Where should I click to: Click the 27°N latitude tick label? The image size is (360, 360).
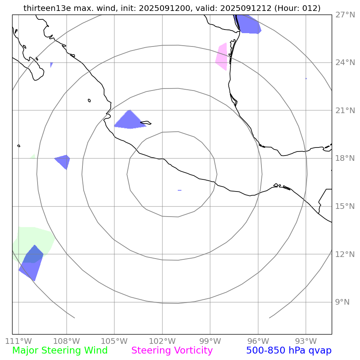(x=345, y=15)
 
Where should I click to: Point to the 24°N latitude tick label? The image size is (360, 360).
(x=345, y=63)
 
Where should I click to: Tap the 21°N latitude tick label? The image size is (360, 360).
(x=345, y=110)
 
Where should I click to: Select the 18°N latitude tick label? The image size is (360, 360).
(x=345, y=158)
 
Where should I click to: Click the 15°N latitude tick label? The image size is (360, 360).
(x=345, y=206)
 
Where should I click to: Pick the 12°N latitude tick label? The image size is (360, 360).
(x=345, y=254)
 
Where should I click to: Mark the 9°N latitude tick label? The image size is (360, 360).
(x=342, y=302)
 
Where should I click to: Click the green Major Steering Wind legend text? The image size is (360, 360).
(x=60, y=351)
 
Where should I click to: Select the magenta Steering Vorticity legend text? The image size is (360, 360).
(x=172, y=351)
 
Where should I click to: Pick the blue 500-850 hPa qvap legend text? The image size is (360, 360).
(x=288, y=351)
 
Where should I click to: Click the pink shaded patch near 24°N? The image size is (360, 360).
(x=222, y=57)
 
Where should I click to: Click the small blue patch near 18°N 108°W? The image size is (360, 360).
(x=64, y=160)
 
